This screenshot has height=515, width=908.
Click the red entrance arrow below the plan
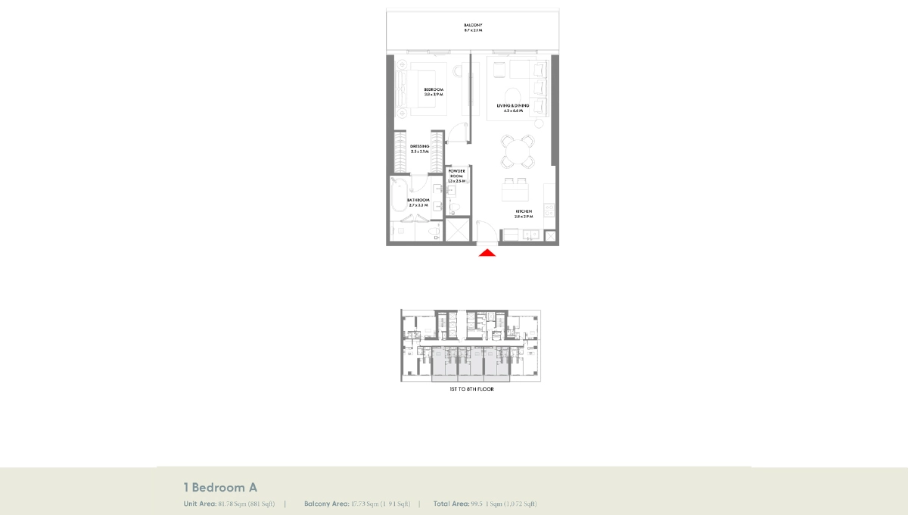click(487, 253)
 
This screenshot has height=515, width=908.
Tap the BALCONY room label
click(473, 26)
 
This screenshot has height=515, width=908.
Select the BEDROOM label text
click(434, 89)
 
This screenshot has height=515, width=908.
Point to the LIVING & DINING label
click(512, 105)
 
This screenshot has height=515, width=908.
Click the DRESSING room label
click(419, 146)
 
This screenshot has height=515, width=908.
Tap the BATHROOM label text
click(418, 200)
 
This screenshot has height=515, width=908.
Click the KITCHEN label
click(524, 211)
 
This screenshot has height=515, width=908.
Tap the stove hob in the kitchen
click(550, 208)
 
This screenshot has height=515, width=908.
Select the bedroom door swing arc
click(456, 133)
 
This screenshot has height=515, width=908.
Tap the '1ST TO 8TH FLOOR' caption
click(471, 389)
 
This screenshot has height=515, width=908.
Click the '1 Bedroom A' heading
click(220, 487)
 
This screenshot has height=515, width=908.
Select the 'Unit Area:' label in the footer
click(200, 504)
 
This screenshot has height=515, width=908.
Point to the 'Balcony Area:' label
click(327, 504)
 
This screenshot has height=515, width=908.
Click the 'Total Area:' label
click(452, 504)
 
